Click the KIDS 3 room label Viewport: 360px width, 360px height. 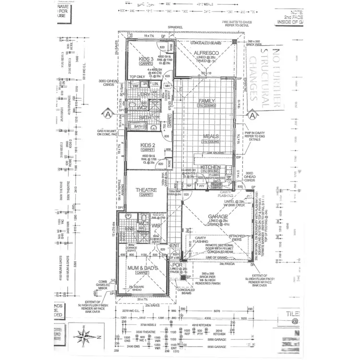[145, 59]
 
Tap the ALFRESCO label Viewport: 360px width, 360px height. [206, 52]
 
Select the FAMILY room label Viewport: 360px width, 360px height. [207, 101]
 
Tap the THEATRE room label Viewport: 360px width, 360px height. [146, 190]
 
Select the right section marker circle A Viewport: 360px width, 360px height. [252, 115]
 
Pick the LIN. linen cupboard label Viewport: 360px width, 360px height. [156, 84]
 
